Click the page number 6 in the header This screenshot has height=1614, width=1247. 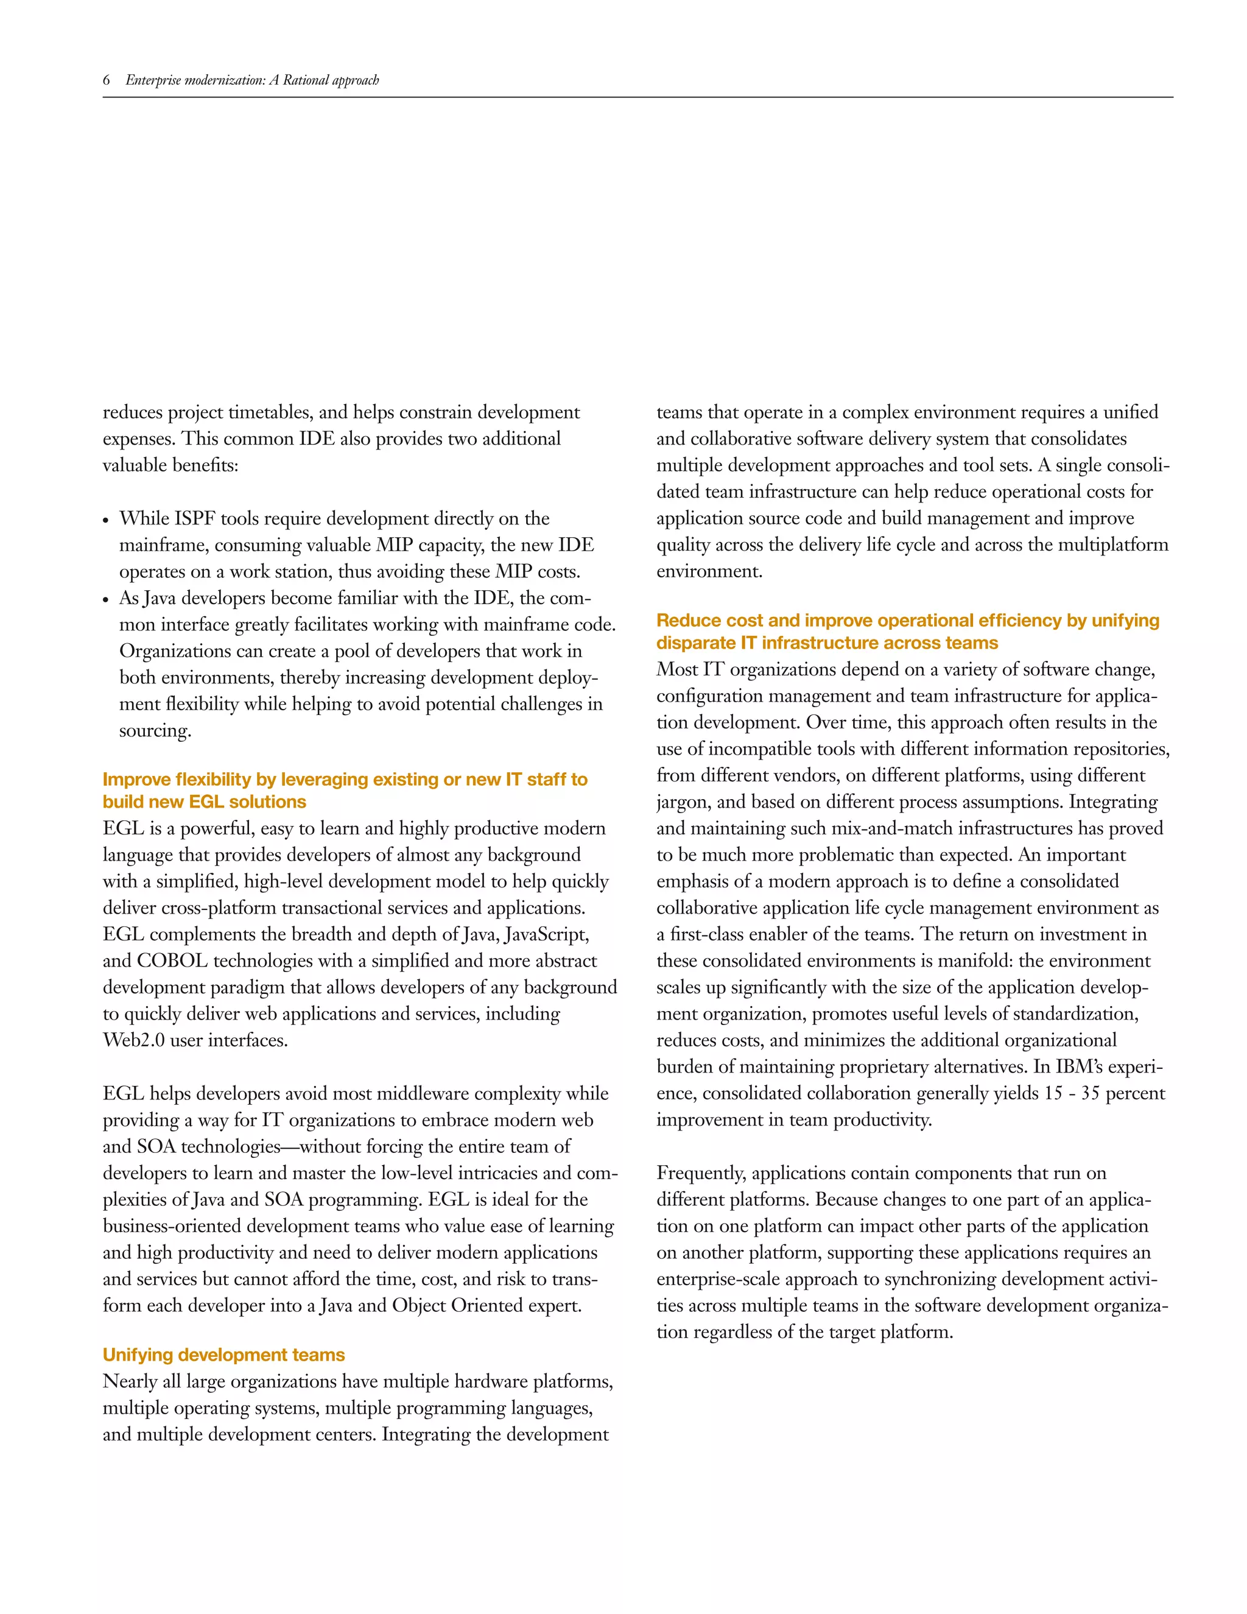pos(107,80)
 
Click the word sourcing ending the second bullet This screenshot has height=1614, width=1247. pos(155,731)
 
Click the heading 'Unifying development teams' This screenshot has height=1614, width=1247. pos(224,1355)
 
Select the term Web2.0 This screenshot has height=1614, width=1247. pos(134,1040)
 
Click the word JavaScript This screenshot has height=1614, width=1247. pos(547,934)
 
